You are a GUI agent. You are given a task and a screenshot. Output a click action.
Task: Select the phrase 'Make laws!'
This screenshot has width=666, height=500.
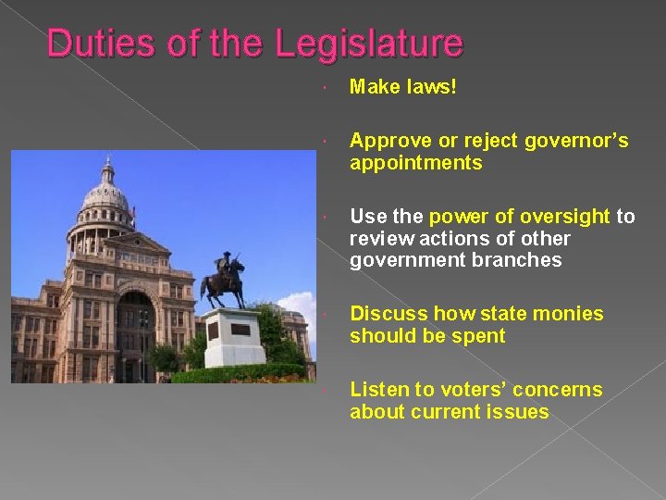[403, 87]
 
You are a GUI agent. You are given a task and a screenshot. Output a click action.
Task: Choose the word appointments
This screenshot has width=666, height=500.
[415, 163]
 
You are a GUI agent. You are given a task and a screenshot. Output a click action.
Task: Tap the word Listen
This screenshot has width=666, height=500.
[379, 390]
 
